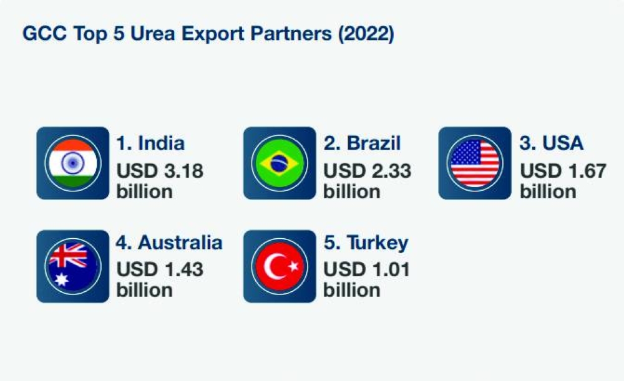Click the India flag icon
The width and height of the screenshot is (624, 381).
[72, 163]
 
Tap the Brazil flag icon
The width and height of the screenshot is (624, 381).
[280, 163]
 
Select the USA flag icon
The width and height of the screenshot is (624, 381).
[475, 163]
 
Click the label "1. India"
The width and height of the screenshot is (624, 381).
[150, 143]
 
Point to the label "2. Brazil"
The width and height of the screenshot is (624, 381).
[362, 143]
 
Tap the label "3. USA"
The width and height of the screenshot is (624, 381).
[552, 143]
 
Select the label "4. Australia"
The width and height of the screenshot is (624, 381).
[169, 242]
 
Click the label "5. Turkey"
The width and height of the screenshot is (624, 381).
[366, 242]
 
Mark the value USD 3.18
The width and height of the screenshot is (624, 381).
[160, 171]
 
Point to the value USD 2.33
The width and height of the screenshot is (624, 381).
[367, 171]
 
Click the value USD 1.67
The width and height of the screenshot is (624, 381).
[563, 171]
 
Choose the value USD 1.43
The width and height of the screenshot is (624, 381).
[160, 269]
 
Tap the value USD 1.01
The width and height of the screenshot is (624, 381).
[366, 269]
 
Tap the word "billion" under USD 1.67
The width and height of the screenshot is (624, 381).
[547, 191]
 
